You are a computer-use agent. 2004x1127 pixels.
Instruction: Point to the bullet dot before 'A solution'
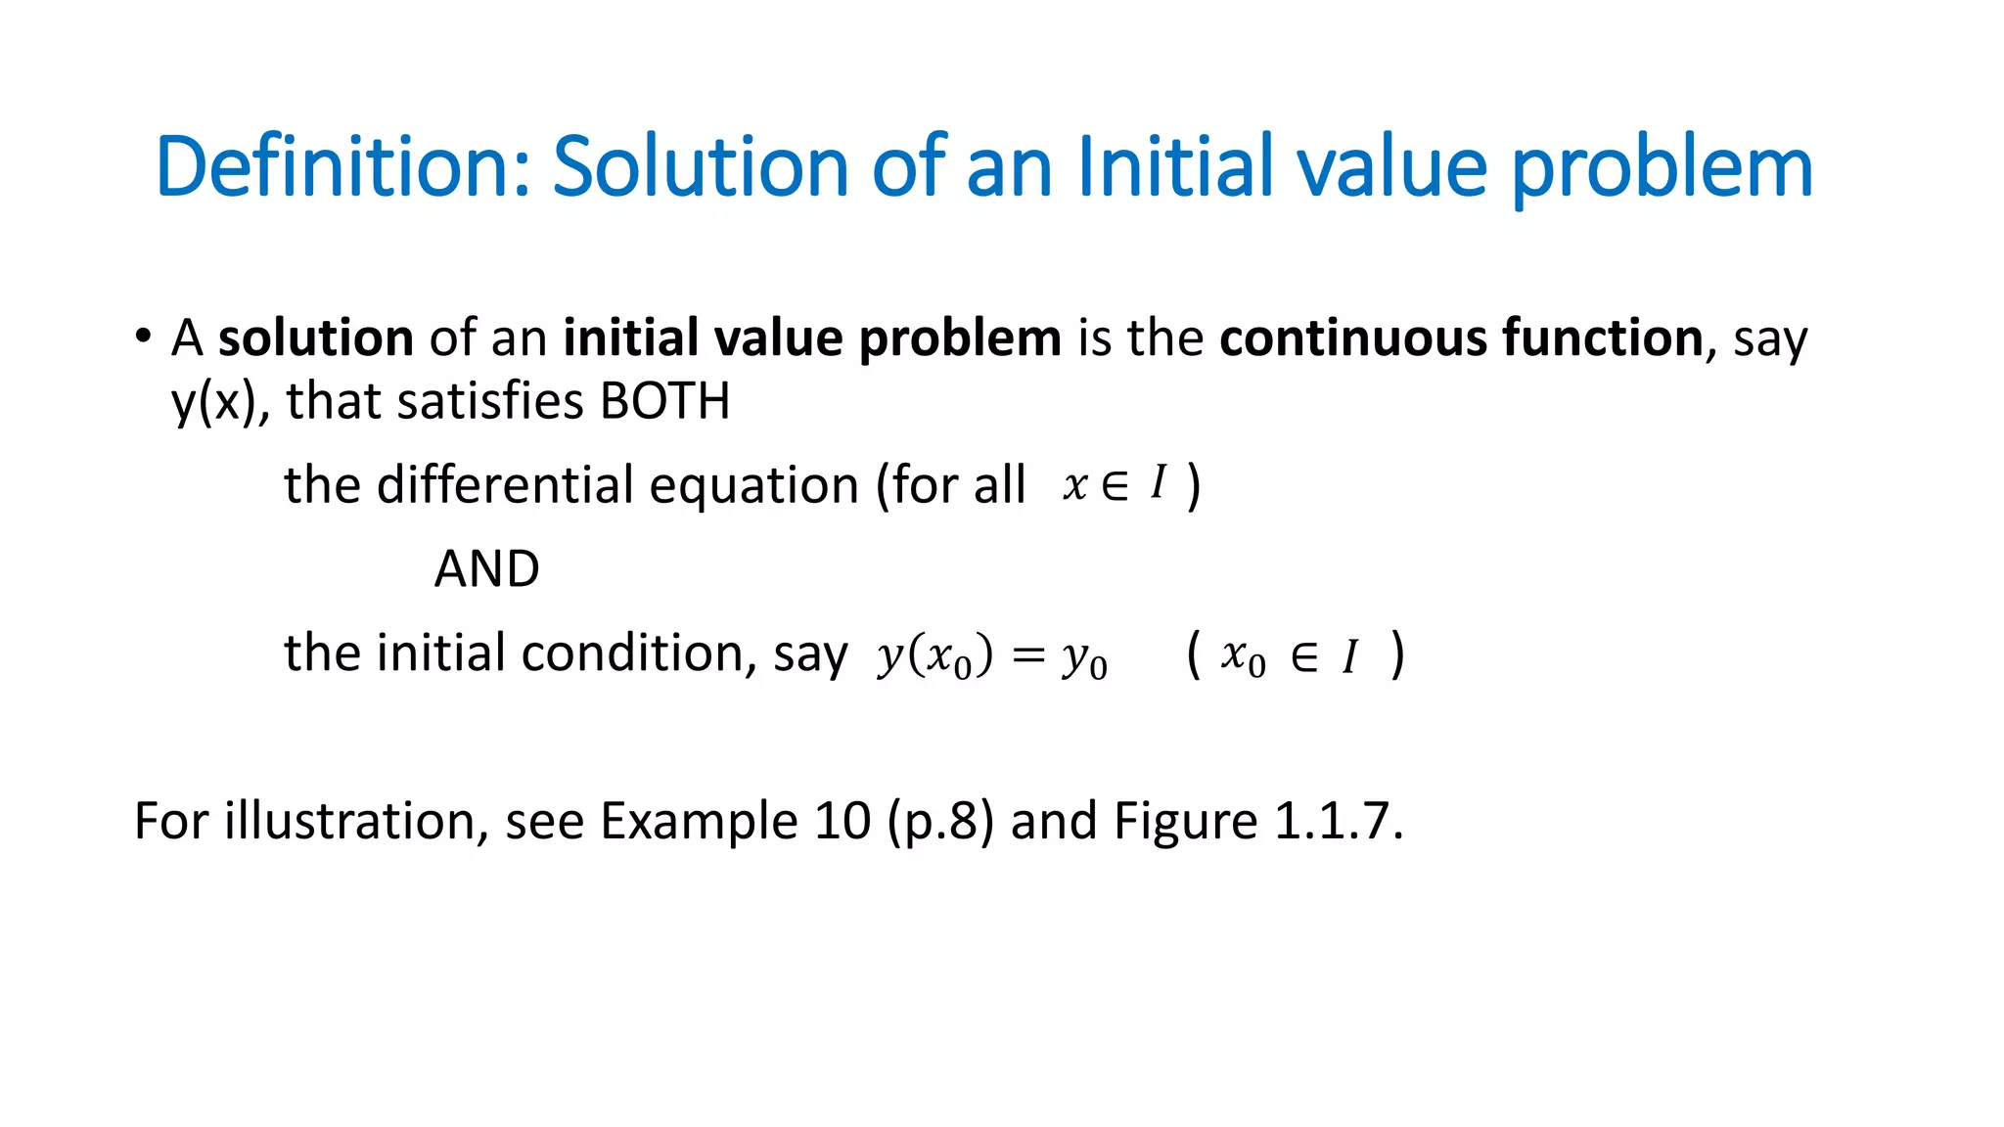pos(144,337)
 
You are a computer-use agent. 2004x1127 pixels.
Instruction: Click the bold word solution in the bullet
pos(315,338)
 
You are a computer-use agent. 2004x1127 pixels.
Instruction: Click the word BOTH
pos(664,401)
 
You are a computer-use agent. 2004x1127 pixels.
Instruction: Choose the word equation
pos(753,486)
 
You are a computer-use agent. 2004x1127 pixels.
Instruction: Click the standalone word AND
pos(486,568)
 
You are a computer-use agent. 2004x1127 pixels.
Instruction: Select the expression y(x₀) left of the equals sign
pos(934,655)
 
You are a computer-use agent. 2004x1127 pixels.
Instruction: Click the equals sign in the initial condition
pos(1028,654)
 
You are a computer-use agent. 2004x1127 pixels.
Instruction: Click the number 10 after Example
pos(842,820)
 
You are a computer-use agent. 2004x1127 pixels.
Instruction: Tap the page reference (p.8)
pos(940,822)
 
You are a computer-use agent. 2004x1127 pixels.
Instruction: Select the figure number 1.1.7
pos(1338,820)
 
